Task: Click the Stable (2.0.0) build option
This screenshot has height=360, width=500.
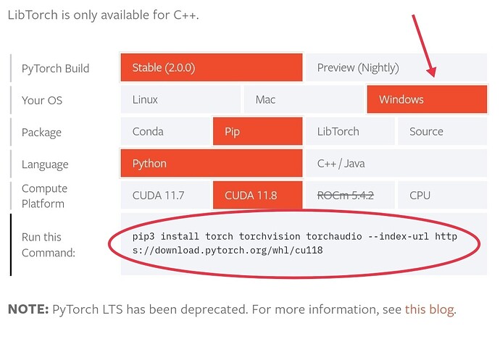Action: point(212,68)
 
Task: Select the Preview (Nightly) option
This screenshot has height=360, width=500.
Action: point(396,68)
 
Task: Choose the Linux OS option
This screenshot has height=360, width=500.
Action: point(180,100)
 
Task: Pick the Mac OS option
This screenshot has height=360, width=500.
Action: point(303,100)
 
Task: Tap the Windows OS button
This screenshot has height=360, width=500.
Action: point(427,100)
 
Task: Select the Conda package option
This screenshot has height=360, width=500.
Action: point(165,132)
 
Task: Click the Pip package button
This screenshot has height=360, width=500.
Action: point(257,132)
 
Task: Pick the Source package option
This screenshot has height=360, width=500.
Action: point(441,132)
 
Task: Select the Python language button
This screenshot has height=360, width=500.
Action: point(212,164)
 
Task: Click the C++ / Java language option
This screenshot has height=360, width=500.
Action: point(396,164)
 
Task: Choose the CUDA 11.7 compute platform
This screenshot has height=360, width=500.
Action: point(165,195)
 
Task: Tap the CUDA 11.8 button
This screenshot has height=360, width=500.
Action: point(257,195)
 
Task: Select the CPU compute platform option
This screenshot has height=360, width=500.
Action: point(441,195)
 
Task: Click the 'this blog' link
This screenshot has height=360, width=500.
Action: point(430,310)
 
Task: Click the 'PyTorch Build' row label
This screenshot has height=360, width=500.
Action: point(56,69)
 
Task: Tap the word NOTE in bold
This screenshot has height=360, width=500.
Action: point(28,310)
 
